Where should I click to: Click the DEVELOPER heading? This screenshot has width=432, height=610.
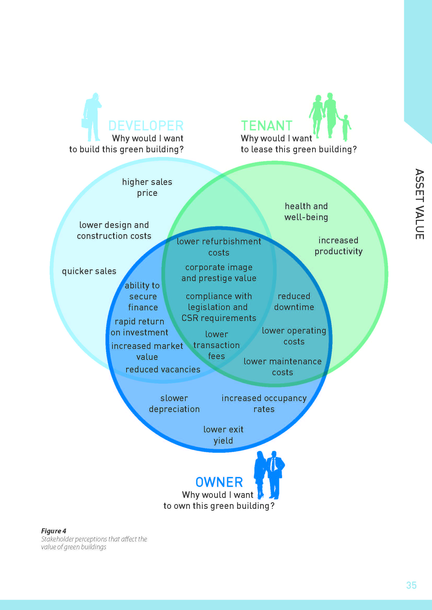(x=146, y=126)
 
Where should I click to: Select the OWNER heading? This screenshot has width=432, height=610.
(x=219, y=482)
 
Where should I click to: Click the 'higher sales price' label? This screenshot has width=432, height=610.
(x=147, y=187)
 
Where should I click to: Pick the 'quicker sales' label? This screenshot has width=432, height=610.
(x=89, y=271)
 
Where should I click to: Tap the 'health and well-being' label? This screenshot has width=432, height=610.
(x=306, y=212)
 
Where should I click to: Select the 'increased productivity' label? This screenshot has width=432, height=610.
(x=338, y=246)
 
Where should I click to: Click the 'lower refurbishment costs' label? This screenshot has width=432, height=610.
(x=219, y=247)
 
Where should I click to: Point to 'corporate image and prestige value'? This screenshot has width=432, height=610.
(x=219, y=273)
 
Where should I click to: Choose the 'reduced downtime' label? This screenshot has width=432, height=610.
(x=294, y=301)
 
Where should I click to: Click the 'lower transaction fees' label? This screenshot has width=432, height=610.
(x=216, y=345)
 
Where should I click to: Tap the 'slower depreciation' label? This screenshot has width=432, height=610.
(x=174, y=403)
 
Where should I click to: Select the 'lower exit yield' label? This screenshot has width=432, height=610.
(x=223, y=435)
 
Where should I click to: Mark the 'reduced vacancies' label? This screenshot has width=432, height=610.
(x=163, y=370)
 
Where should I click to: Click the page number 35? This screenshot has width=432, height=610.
(x=411, y=585)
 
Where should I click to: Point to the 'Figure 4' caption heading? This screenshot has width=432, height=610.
(x=54, y=531)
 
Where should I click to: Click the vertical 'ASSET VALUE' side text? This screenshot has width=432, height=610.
(x=419, y=204)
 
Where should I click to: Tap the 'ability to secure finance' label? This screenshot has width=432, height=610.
(x=143, y=296)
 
